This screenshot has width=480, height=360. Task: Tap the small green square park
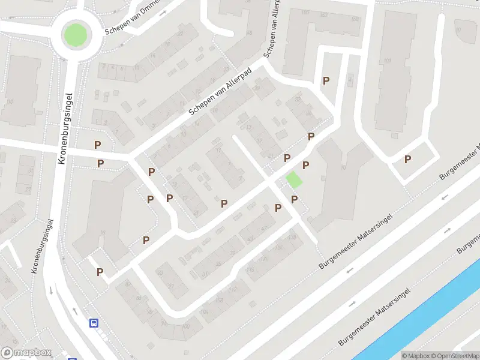coord(294,179)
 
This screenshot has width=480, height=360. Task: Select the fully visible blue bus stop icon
coord(94,323)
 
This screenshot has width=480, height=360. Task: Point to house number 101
coord(388,61)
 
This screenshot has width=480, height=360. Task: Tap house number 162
coord(355,19)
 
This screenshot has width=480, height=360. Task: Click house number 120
coord(264,259)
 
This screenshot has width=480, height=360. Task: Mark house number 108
coord(220,300)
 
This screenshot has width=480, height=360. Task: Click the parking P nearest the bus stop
coord(100,272)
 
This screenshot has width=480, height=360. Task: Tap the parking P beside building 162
coord(326,80)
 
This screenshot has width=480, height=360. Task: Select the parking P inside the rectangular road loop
coord(408,159)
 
